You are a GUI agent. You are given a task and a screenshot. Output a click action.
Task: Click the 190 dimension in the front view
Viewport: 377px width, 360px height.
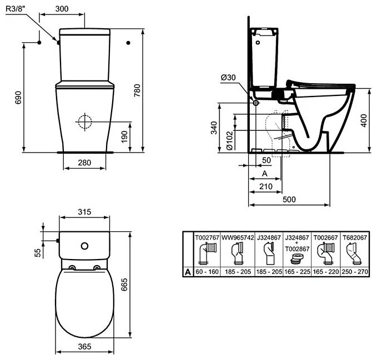tap(124, 135)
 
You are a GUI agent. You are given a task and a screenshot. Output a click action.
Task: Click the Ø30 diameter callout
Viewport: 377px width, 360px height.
tap(228, 78)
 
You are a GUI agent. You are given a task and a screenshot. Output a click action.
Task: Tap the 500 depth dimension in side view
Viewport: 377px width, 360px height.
tap(288, 199)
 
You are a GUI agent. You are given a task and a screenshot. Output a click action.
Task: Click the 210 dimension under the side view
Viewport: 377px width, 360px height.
tap(265, 187)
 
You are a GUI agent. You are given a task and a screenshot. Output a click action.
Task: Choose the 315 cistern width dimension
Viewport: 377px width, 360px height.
tap(84, 212)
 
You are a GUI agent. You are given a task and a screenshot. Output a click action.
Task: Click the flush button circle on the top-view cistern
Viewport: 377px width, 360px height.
tap(85, 246)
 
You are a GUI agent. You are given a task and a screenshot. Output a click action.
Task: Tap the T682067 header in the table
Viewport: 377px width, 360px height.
tap(355, 237)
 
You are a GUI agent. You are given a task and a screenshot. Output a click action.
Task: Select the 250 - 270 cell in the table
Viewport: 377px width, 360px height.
tap(355, 273)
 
